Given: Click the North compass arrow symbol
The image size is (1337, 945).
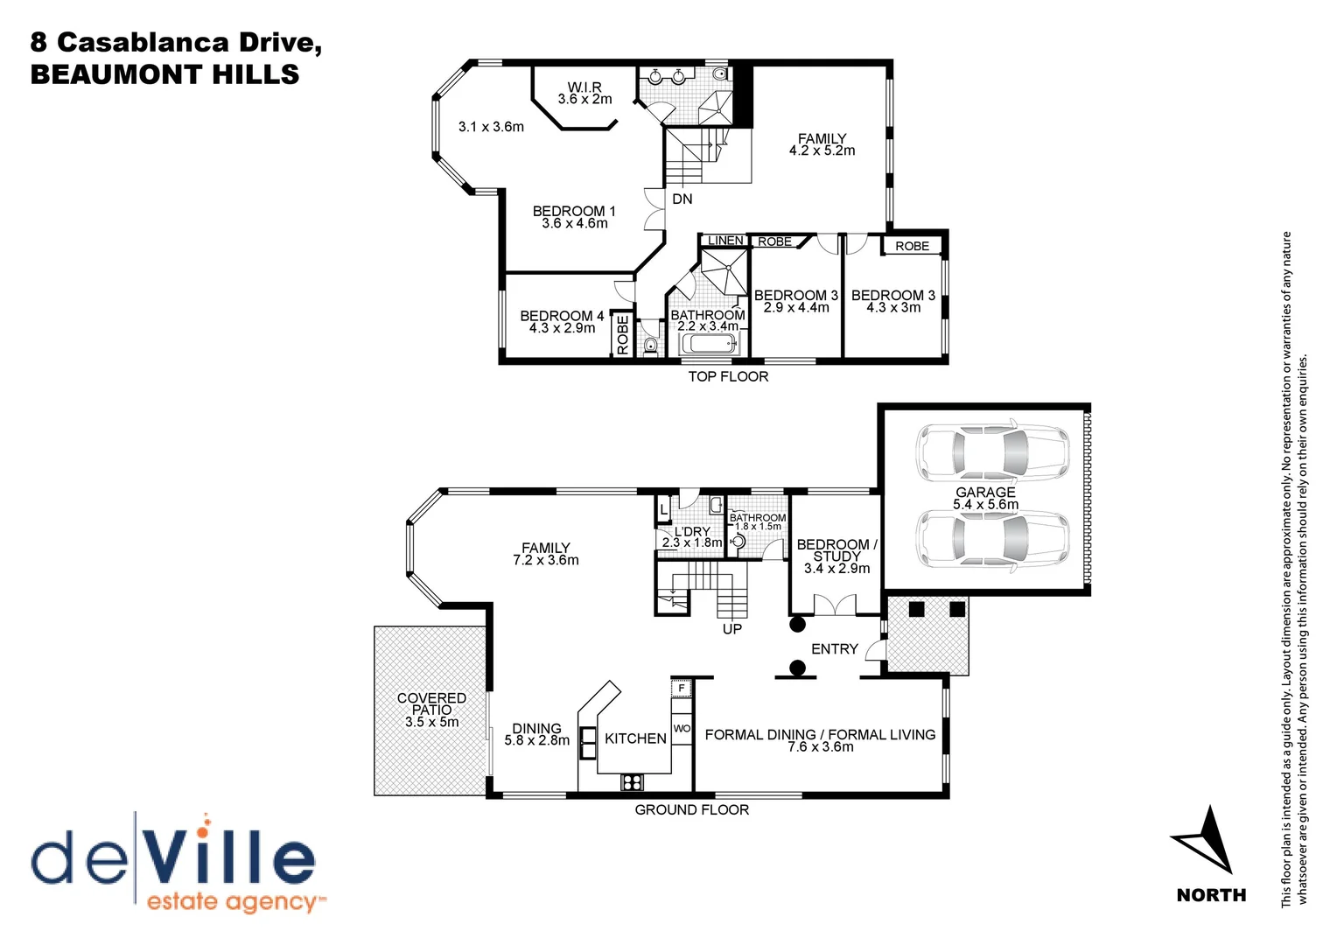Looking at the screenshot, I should click(x=1206, y=841).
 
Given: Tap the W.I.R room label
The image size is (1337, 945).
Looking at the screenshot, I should click(x=584, y=87).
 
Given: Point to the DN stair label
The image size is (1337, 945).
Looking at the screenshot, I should click(x=682, y=199).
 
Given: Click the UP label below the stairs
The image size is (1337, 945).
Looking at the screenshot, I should click(x=732, y=629).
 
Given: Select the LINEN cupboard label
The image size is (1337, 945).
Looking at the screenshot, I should click(x=725, y=241).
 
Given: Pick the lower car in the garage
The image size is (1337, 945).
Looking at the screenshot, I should click(x=992, y=540).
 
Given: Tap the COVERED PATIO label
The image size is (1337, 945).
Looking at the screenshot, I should click(x=431, y=703).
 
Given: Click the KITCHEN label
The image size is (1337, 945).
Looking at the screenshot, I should click(x=635, y=738).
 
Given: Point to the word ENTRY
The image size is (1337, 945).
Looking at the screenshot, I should click(x=835, y=649).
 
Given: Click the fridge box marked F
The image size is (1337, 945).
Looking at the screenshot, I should click(x=682, y=689).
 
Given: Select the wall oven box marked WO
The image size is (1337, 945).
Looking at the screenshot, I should click(x=682, y=729).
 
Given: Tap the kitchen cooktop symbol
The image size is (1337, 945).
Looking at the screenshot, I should click(x=632, y=781).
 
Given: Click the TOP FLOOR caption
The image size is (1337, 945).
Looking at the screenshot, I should click(x=728, y=377).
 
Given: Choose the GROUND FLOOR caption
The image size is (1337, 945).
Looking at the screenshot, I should click(x=692, y=810).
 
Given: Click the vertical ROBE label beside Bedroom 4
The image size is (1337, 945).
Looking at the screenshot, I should click(x=622, y=335).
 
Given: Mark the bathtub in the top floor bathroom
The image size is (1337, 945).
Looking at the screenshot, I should click(x=710, y=344).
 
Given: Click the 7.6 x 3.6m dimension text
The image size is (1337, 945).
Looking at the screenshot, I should click(x=821, y=747).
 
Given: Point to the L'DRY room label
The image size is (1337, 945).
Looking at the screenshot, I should click(x=692, y=532).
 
